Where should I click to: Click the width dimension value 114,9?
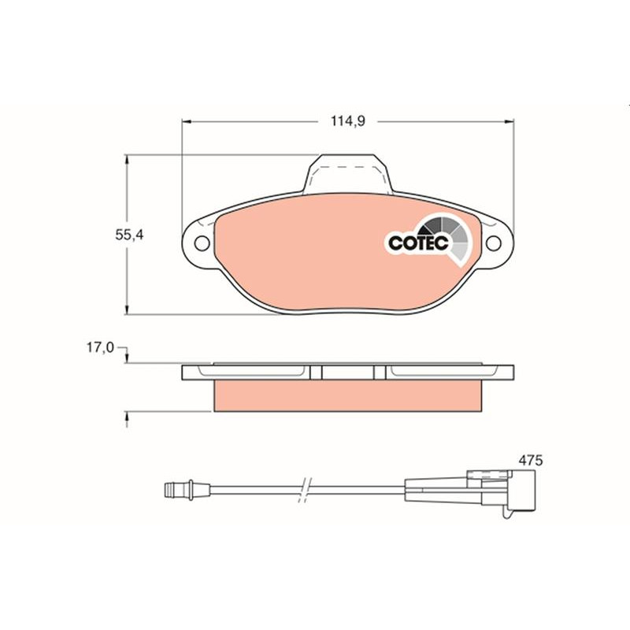[x=348, y=120]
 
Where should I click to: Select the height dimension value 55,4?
[x=129, y=235]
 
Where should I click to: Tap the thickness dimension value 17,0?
[x=101, y=347]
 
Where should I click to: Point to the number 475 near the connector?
[x=530, y=460]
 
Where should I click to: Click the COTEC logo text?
[x=419, y=243]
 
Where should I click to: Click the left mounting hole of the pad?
[x=202, y=243]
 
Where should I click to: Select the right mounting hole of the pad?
[x=494, y=243]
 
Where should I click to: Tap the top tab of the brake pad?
[x=348, y=173]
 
